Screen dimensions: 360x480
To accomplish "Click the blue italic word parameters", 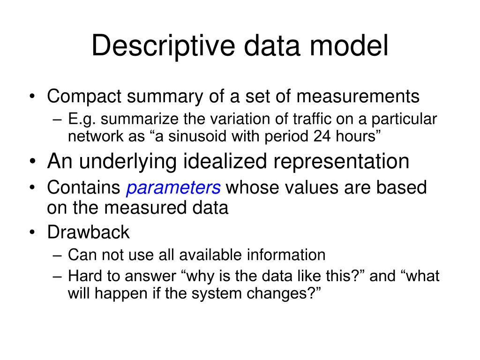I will [x=173, y=188].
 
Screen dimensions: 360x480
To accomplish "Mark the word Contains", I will [x=83, y=188].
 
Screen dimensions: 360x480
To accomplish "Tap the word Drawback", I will [x=88, y=232].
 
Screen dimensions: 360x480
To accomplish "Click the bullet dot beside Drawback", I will [x=32, y=232].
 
